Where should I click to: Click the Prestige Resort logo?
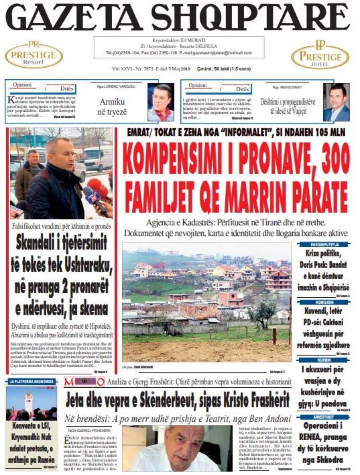point(34,55)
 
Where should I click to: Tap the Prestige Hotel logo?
point(320,55)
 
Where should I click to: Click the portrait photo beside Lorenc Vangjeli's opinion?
point(161,102)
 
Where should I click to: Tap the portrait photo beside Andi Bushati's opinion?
point(336,102)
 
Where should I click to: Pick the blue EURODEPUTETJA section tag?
point(324,244)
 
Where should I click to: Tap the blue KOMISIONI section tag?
point(324,303)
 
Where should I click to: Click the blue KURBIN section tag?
point(324,360)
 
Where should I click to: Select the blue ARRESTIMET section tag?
point(324,417)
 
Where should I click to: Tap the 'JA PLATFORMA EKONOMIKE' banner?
point(31,381)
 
